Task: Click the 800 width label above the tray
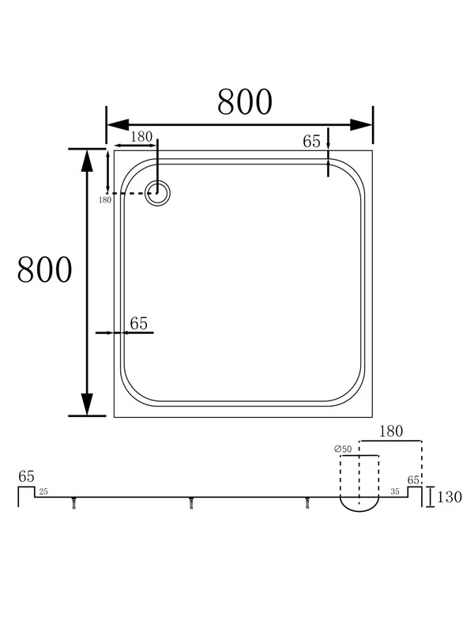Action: click(245, 102)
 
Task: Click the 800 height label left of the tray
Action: click(45, 270)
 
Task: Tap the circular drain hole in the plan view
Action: click(157, 193)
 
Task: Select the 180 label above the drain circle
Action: click(141, 137)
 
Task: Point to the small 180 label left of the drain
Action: click(105, 200)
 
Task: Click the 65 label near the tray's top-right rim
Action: click(311, 142)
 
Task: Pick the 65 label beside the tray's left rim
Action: click(139, 324)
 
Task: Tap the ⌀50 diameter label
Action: click(343, 449)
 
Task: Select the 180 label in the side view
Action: click(391, 431)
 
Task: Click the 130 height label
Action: click(449, 497)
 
